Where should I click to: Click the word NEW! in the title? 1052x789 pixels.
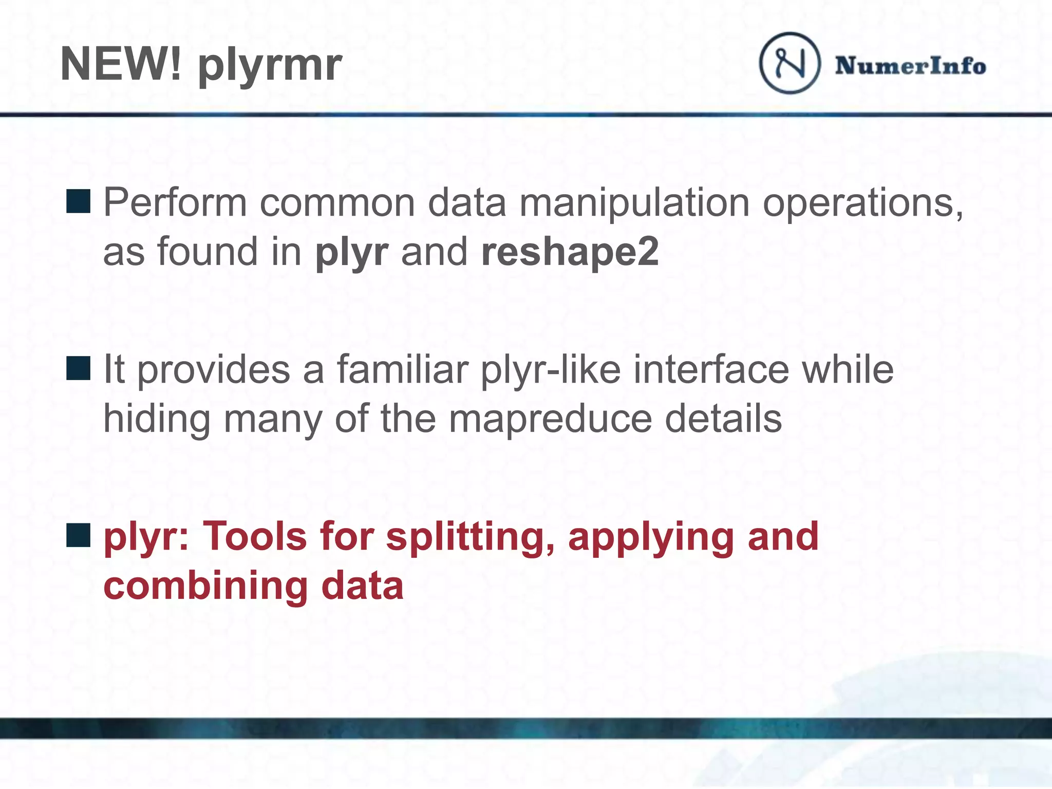click(x=121, y=64)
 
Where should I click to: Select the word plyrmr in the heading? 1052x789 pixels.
click(x=270, y=66)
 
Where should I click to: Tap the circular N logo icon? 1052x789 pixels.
click(x=790, y=63)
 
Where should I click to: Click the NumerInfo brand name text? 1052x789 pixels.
click(x=910, y=66)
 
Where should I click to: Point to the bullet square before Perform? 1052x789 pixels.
click(x=78, y=201)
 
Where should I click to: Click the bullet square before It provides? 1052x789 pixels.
click(x=78, y=368)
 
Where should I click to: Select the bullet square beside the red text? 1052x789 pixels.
click(x=78, y=535)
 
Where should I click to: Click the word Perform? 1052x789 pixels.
click(x=175, y=203)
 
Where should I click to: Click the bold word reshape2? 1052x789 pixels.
click(x=570, y=252)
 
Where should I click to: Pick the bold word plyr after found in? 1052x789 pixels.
click(x=351, y=253)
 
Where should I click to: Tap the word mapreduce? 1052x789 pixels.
click(x=550, y=419)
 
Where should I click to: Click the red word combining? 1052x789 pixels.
click(x=205, y=587)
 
